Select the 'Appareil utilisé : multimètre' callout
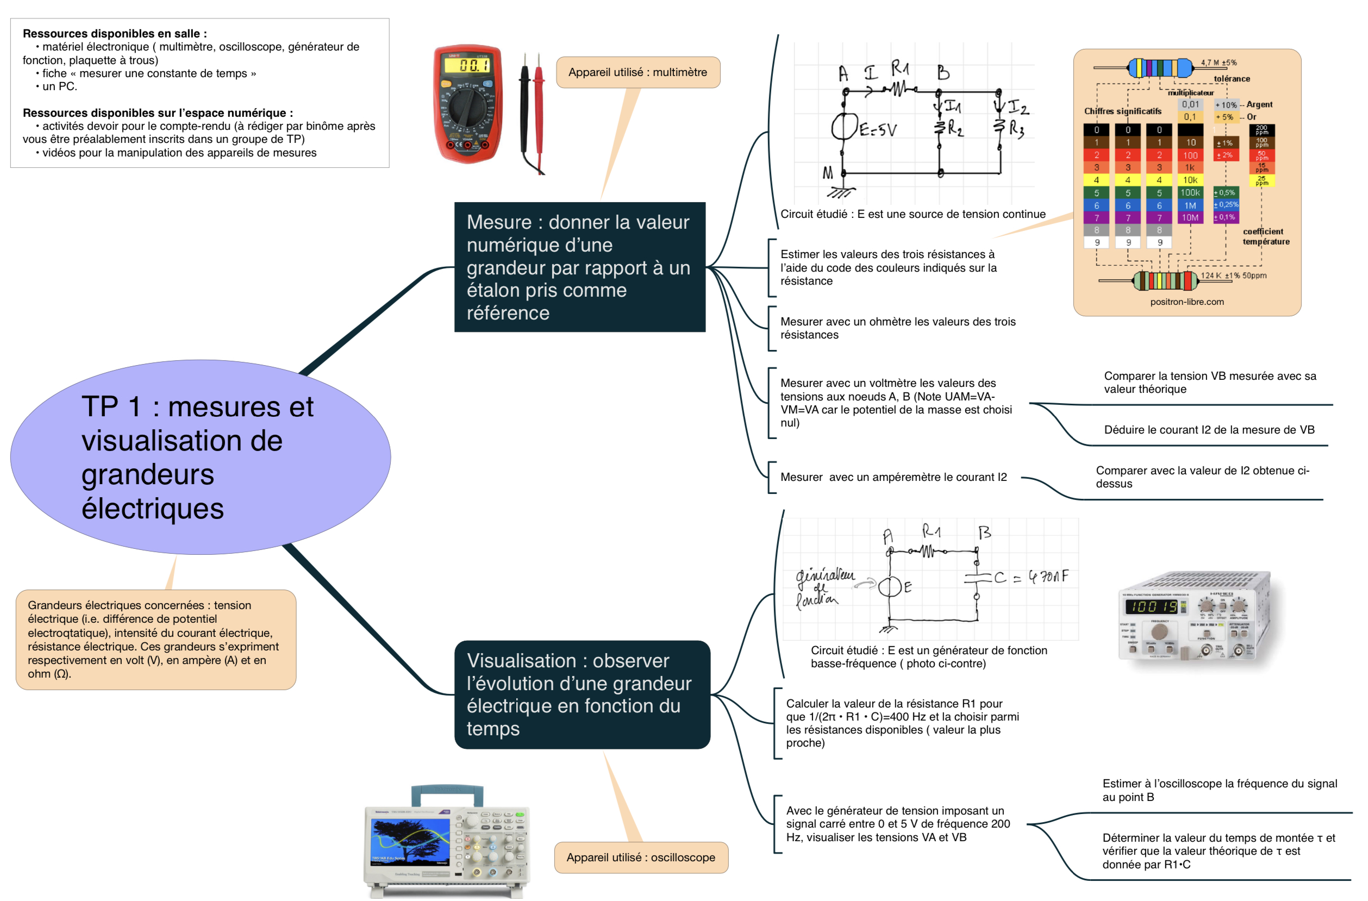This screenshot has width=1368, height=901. [x=638, y=72]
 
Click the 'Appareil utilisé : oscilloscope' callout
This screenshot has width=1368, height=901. [x=641, y=858]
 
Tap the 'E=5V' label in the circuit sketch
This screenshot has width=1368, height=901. [x=878, y=130]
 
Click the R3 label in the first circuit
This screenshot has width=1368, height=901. [x=1016, y=129]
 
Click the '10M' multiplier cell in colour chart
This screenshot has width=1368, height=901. [x=1190, y=218]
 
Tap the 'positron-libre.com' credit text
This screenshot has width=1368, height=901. [x=1186, y=302]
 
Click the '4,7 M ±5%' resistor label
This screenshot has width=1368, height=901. [x=1219, y=62]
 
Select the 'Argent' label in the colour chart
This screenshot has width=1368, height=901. [x=1259, y=104]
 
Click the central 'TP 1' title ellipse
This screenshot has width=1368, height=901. [x=200, y=457]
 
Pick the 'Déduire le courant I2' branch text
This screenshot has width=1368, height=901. [x=1209, y=430]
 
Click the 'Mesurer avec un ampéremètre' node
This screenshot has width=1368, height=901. [x=893, y=477]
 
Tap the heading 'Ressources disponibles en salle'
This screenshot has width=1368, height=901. [x=114, y=33]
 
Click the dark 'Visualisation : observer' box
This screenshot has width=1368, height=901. [x=582, y=694]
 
